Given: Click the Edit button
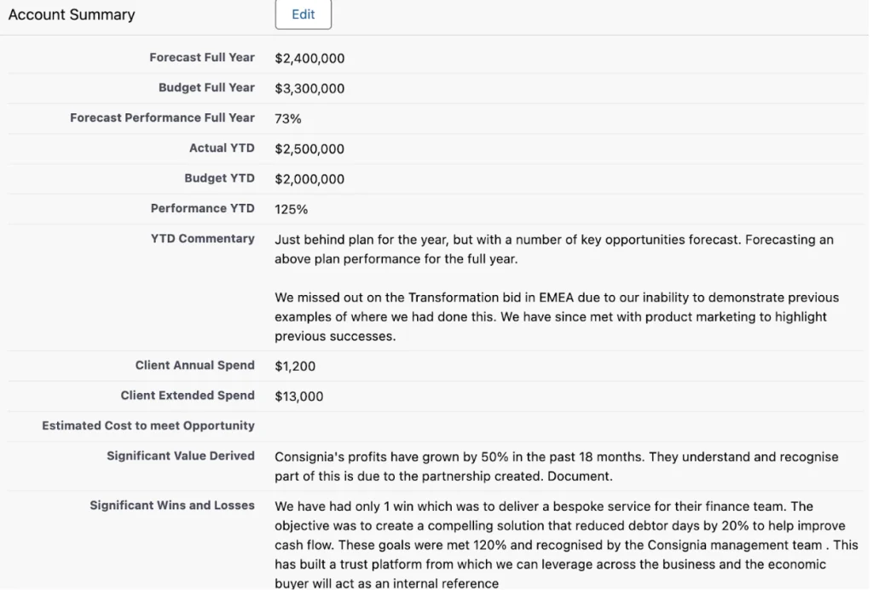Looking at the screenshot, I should [x=303, y=14].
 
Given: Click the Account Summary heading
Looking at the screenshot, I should [x=72, y=14].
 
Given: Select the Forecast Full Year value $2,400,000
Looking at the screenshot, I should [x=309, y=59].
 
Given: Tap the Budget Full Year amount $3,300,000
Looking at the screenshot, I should [x=309, y=89].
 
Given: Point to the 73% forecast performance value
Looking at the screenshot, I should [x=288, y=119].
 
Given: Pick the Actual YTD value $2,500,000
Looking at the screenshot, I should [x=309, y=149].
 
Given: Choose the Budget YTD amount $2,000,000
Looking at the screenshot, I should [x=309, y=179].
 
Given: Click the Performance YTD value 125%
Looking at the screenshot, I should [x=292, y=209].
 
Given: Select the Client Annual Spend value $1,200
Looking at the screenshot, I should [x=295, y=367].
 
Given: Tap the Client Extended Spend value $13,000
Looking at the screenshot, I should [x=299, y=396].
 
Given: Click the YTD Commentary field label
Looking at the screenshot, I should [x=203, y=239].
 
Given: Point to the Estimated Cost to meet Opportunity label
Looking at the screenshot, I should [x=148, y=425].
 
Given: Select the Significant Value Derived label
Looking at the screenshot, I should [x=181, y=456].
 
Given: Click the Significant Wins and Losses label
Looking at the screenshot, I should [x=172, y=506].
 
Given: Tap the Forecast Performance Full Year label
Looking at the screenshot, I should [x=162, y=118].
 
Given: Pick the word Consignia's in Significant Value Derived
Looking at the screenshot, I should [x=309, y=457].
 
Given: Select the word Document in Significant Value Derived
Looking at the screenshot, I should [x=583, y=476].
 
